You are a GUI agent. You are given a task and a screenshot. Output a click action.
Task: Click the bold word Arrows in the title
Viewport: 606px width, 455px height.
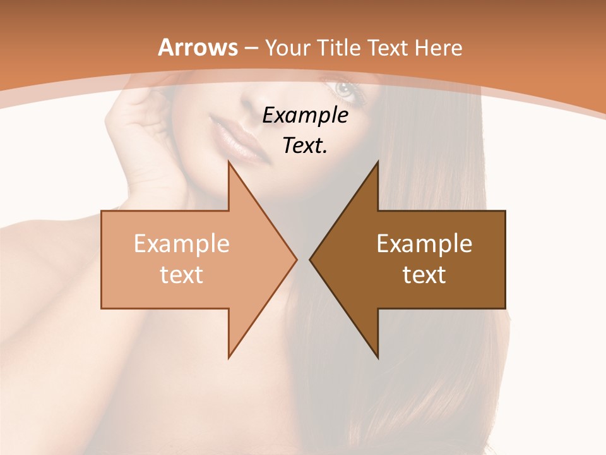pyautogui.click(x=198, y=47)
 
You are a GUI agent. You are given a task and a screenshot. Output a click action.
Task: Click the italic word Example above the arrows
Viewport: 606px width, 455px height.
pyautogui.click(x=305, y=115)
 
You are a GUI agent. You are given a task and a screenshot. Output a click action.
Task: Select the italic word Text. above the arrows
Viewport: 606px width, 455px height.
pyautogui.click(x=305, y=145)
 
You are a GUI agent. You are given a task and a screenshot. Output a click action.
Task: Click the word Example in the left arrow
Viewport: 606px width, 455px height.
pyautogui.click(x=181, y=244)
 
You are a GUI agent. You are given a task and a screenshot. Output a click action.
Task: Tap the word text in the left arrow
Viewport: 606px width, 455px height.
pyautogui.click(x=181, y=274)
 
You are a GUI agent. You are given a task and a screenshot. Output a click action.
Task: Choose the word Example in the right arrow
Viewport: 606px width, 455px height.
pyautogui.click(x=424, y=244)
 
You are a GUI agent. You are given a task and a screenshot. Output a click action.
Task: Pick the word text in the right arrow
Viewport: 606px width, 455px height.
pyautogui.click(x=424, y=274)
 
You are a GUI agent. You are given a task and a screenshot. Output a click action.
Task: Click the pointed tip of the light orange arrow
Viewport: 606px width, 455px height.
pyautogui.click(x=297, y=259)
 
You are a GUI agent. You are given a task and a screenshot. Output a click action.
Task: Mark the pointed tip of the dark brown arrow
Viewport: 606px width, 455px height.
pyautogui.click(x=310, y=259)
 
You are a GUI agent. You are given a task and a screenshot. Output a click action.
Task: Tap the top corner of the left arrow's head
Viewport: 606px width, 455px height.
pyautogui.click(x=229, y=161)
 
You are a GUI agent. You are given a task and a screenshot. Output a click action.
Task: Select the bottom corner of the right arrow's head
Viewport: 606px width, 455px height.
pyautogui.click(x=378, y=358)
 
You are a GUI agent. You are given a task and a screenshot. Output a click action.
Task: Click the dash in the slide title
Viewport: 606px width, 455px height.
pyautogui.click(x=251, y=48)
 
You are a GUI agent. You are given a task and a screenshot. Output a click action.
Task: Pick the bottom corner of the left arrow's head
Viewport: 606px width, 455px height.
pyautogui.click(x=229, y=358)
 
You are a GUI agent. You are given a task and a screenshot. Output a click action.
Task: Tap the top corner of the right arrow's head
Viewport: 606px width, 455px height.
pyautogui.click(x=378, y=161)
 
